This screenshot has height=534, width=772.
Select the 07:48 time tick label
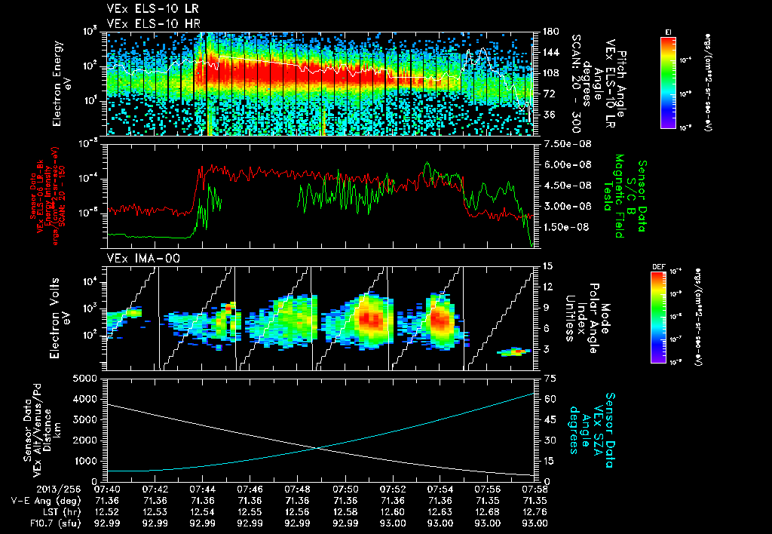point(298,489)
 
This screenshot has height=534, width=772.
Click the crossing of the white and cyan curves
point(319,448)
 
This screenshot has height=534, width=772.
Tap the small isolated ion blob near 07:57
point(513,351)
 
